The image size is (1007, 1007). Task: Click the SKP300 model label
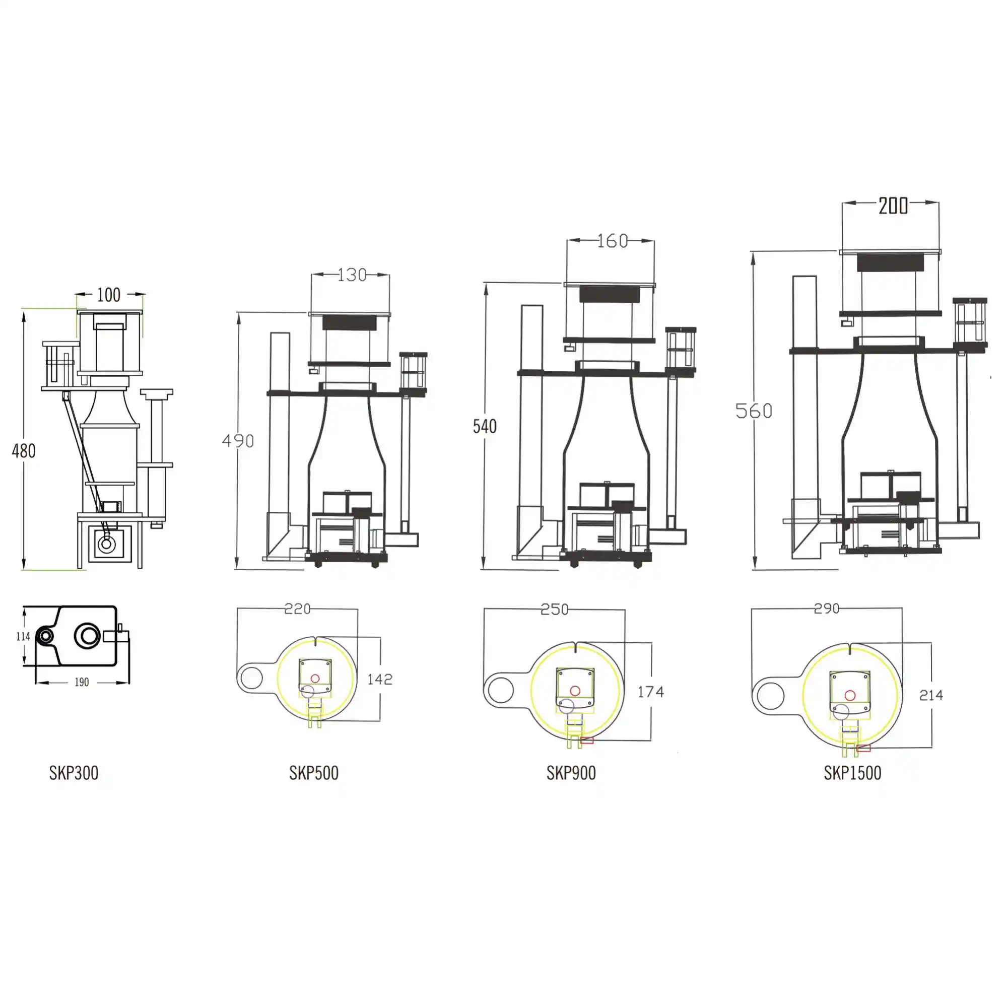[74, 773]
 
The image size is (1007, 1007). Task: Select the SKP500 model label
[314, 773]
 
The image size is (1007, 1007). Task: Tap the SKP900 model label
[571, 773]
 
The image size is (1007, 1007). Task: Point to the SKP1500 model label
[852, 773]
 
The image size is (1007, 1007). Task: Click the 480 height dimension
[24, 451]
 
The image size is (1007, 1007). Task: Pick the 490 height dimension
[238, 441]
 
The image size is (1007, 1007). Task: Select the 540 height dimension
[485, 426]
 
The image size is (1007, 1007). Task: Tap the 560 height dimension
[754, 411]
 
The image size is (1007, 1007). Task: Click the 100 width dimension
[108, 295]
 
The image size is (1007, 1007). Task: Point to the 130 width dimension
[352, 275]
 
